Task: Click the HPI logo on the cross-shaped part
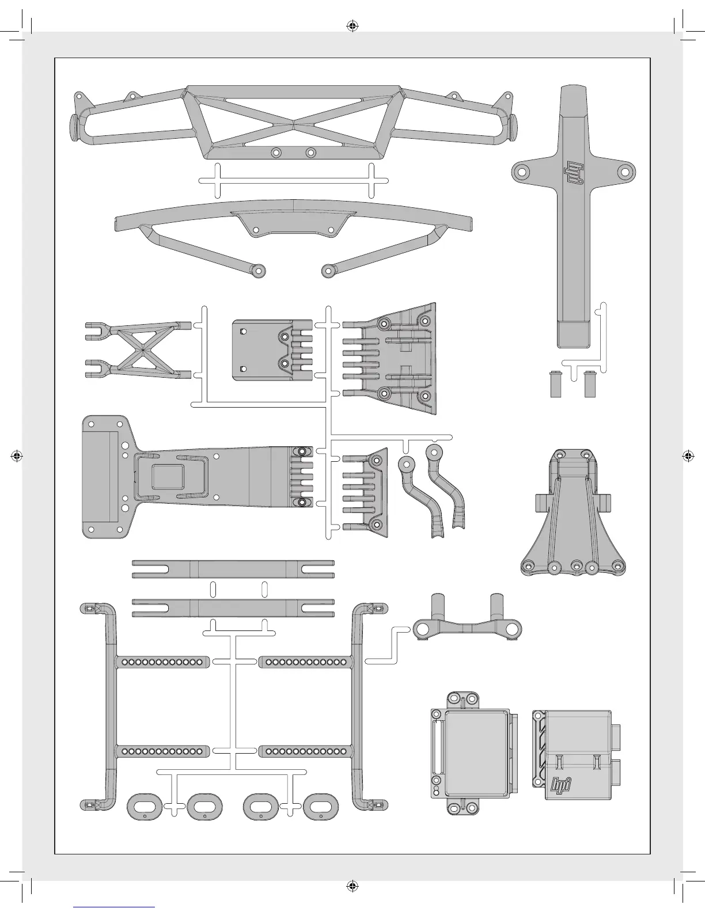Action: (x=573, y=171)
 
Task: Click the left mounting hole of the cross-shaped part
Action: (x=522, y=172)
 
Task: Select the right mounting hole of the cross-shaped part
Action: (x=623, y=172)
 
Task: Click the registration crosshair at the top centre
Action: (x=352, y=26)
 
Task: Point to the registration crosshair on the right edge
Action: (x=687, y=455)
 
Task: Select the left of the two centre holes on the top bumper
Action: (x=276, y=153)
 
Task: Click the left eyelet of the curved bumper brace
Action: (x=259, y=269)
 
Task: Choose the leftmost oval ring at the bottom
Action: (x=142, y=806)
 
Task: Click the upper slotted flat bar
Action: (x=233, y=569)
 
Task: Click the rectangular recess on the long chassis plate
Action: (x=167, y=477)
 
